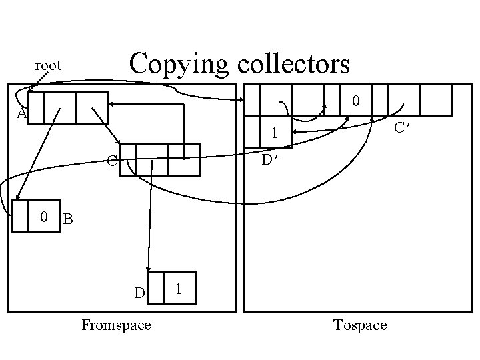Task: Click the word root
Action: (x=48, y=65)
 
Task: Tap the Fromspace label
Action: (x=115, y=325)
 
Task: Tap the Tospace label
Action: (x=359, y=325)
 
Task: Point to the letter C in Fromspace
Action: (x=112, y=161)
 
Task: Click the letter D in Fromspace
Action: (x=139, y=293)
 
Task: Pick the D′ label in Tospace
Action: (x=269, y=160)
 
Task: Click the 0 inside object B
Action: (x=43, y=217)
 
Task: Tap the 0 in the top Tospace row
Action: (x=357, y=101)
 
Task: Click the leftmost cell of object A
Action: (x=36, y=108)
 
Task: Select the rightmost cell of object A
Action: (x=91, y=108)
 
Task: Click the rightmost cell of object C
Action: (x=183, y=160)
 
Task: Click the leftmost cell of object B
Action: (x=20, y=216)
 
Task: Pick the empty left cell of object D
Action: (x=155, y=289)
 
